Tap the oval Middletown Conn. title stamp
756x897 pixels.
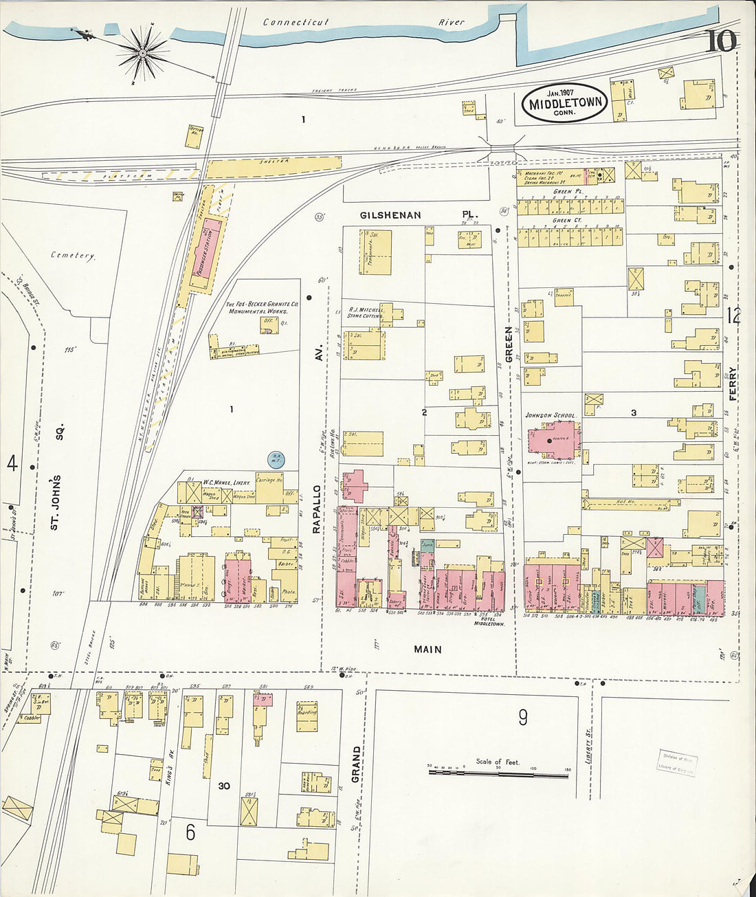[x=565, y=102]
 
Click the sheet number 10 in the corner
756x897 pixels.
[x=720, y=41]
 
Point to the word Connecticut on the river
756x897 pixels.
[x=296, y=22]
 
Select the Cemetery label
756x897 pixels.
[x=73, y=255]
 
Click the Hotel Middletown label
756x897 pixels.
[x=489, y=621]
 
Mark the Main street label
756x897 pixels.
[x=427, y=649]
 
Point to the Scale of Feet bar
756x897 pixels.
[x=498, y=773]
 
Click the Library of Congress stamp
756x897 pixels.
[x=676, y=762]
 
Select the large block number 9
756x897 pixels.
[x=523, y=718]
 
